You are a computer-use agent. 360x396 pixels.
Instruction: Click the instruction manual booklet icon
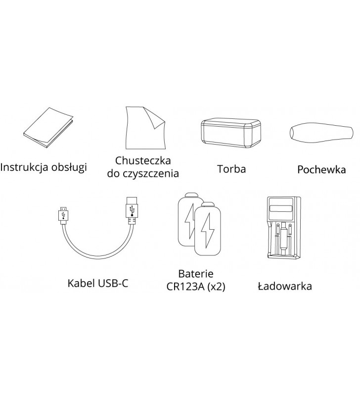[48, 128]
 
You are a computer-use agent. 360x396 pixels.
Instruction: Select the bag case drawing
[230, 133]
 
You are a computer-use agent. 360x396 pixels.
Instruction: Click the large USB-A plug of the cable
[132, 211]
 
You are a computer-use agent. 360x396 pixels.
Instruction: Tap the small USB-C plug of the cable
[63, 215]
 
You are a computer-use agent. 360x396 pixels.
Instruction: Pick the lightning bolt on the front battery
[207, 231]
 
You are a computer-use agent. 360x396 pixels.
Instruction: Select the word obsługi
[69, 167]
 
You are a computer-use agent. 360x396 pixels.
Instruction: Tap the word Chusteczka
[143, 160]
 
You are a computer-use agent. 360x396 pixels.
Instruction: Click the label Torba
[231, 169]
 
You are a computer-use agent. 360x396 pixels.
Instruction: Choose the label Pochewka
[321, 169]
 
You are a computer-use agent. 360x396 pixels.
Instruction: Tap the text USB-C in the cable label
[113, 283]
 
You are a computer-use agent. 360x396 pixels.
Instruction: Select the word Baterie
[196, 274]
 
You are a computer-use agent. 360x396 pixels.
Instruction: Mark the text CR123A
[185, 287]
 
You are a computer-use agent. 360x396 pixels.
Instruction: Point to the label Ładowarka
[285, 286]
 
